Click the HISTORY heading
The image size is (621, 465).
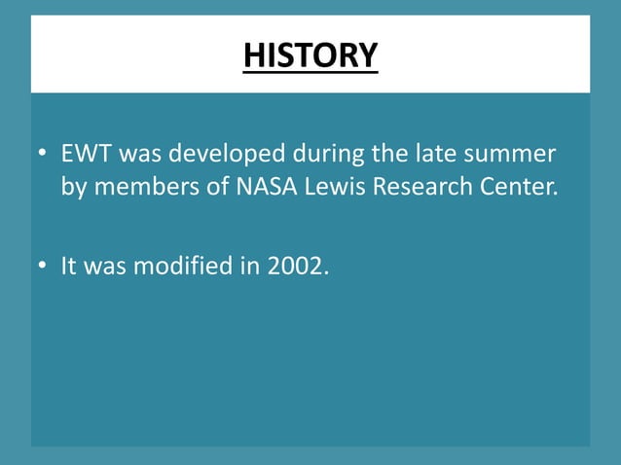point(310,54)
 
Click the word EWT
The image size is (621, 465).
point(86,155)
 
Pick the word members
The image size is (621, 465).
point(145,186)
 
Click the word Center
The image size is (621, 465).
point(523,186)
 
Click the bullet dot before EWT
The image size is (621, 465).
point(42,156)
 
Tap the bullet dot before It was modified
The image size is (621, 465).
point(42,266)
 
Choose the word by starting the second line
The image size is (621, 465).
point(73,187)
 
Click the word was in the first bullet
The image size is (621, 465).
point(139,155)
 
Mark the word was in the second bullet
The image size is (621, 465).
point(105,265)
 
